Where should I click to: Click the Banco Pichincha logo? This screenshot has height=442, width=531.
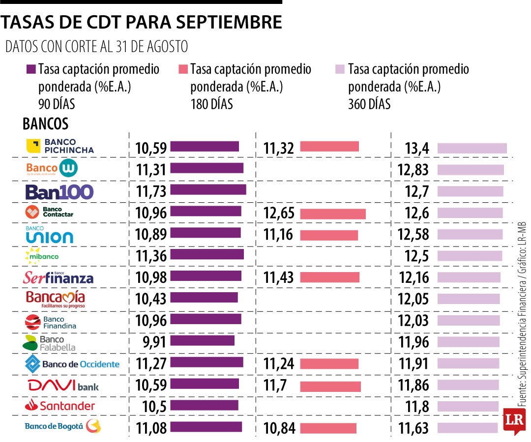[x=60, y=146]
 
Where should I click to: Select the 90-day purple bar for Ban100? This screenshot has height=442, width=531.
[x=208, y=190]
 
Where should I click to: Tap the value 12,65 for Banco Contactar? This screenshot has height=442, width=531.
[x=279, y=214]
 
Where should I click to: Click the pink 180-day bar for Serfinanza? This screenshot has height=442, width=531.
[x=329, y=277]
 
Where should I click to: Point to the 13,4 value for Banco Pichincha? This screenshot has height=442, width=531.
[x=417, y=148]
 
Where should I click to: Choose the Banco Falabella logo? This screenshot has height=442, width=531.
[x=44, y=343]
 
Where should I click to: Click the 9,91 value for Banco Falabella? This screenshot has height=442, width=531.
[x=154, y=342]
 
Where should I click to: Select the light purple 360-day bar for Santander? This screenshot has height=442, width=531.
[x=468, y=406]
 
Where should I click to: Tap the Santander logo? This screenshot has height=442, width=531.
[x=60, y=406]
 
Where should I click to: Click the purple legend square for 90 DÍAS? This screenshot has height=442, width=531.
[x=31, y=69]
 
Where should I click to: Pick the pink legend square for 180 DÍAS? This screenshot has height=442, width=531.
[x=183, y=69]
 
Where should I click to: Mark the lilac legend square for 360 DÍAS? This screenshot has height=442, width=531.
[x=340, y=69]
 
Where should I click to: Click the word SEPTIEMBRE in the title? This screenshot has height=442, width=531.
[x=229, y=22]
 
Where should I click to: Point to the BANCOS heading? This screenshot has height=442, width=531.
[x=45, y=124]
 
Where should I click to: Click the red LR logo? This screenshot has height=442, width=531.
[x=514, y=421]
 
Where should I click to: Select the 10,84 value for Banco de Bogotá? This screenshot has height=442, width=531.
[x=279, y=428]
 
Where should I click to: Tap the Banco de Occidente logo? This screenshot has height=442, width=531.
[x=72, y=364]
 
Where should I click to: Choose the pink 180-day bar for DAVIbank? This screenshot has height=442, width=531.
[x=330, y=387]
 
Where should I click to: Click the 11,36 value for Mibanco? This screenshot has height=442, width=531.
[x=151, y=256]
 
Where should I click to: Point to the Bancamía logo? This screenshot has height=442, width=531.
[x=56, y=299]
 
